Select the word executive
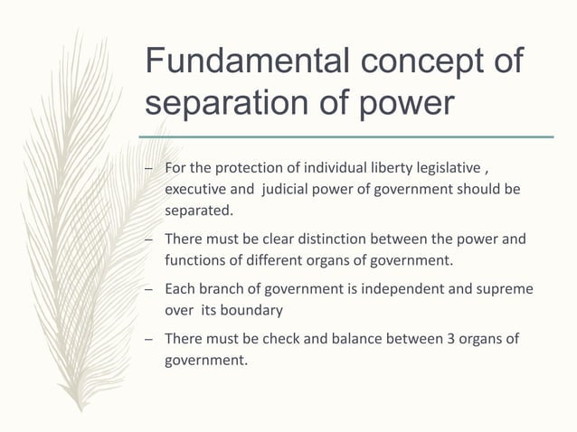click(193, 191)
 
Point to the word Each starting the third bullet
click(178, 290)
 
